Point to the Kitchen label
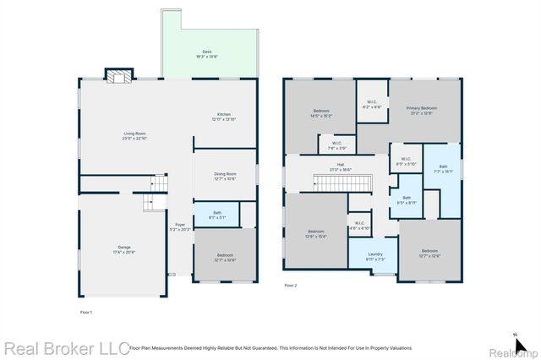pos(223,117)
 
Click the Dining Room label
pos(225,176)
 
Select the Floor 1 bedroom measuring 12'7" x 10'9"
pos(225,257)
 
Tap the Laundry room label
pos(376,256)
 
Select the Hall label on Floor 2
pos(341,166)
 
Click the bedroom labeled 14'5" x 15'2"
pos(321,113)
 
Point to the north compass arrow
pos(516,335)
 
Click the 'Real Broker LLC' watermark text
pos(66,348)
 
